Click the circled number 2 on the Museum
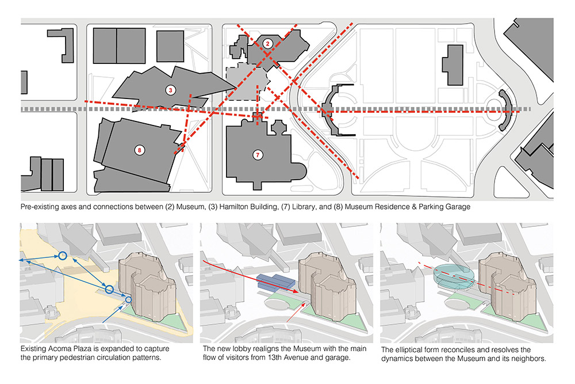click(x=267, y=44)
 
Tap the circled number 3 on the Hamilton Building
click(x=170, y=90)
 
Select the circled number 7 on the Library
click(x=258, y=154)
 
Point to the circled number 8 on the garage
click(x=139, y=150)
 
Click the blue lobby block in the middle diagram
click(x=274, y=282)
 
